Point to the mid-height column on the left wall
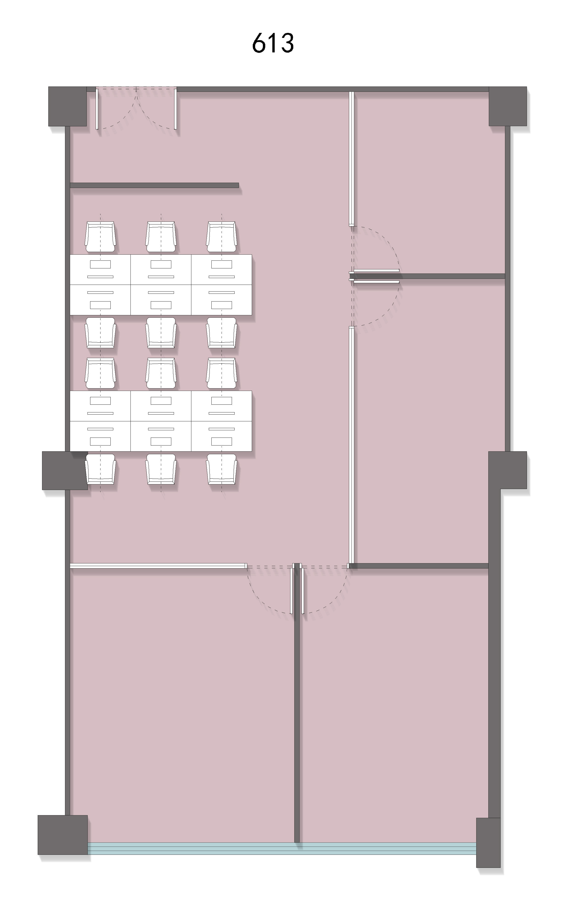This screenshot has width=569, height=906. [x=65, y=470]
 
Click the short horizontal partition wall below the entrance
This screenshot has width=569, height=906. [x=154, y=185]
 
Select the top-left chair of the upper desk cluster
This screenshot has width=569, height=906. [x=101, y=237]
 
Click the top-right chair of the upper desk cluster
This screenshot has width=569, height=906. [x=222, y=237]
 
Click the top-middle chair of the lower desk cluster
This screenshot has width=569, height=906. [x=161, y=373]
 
